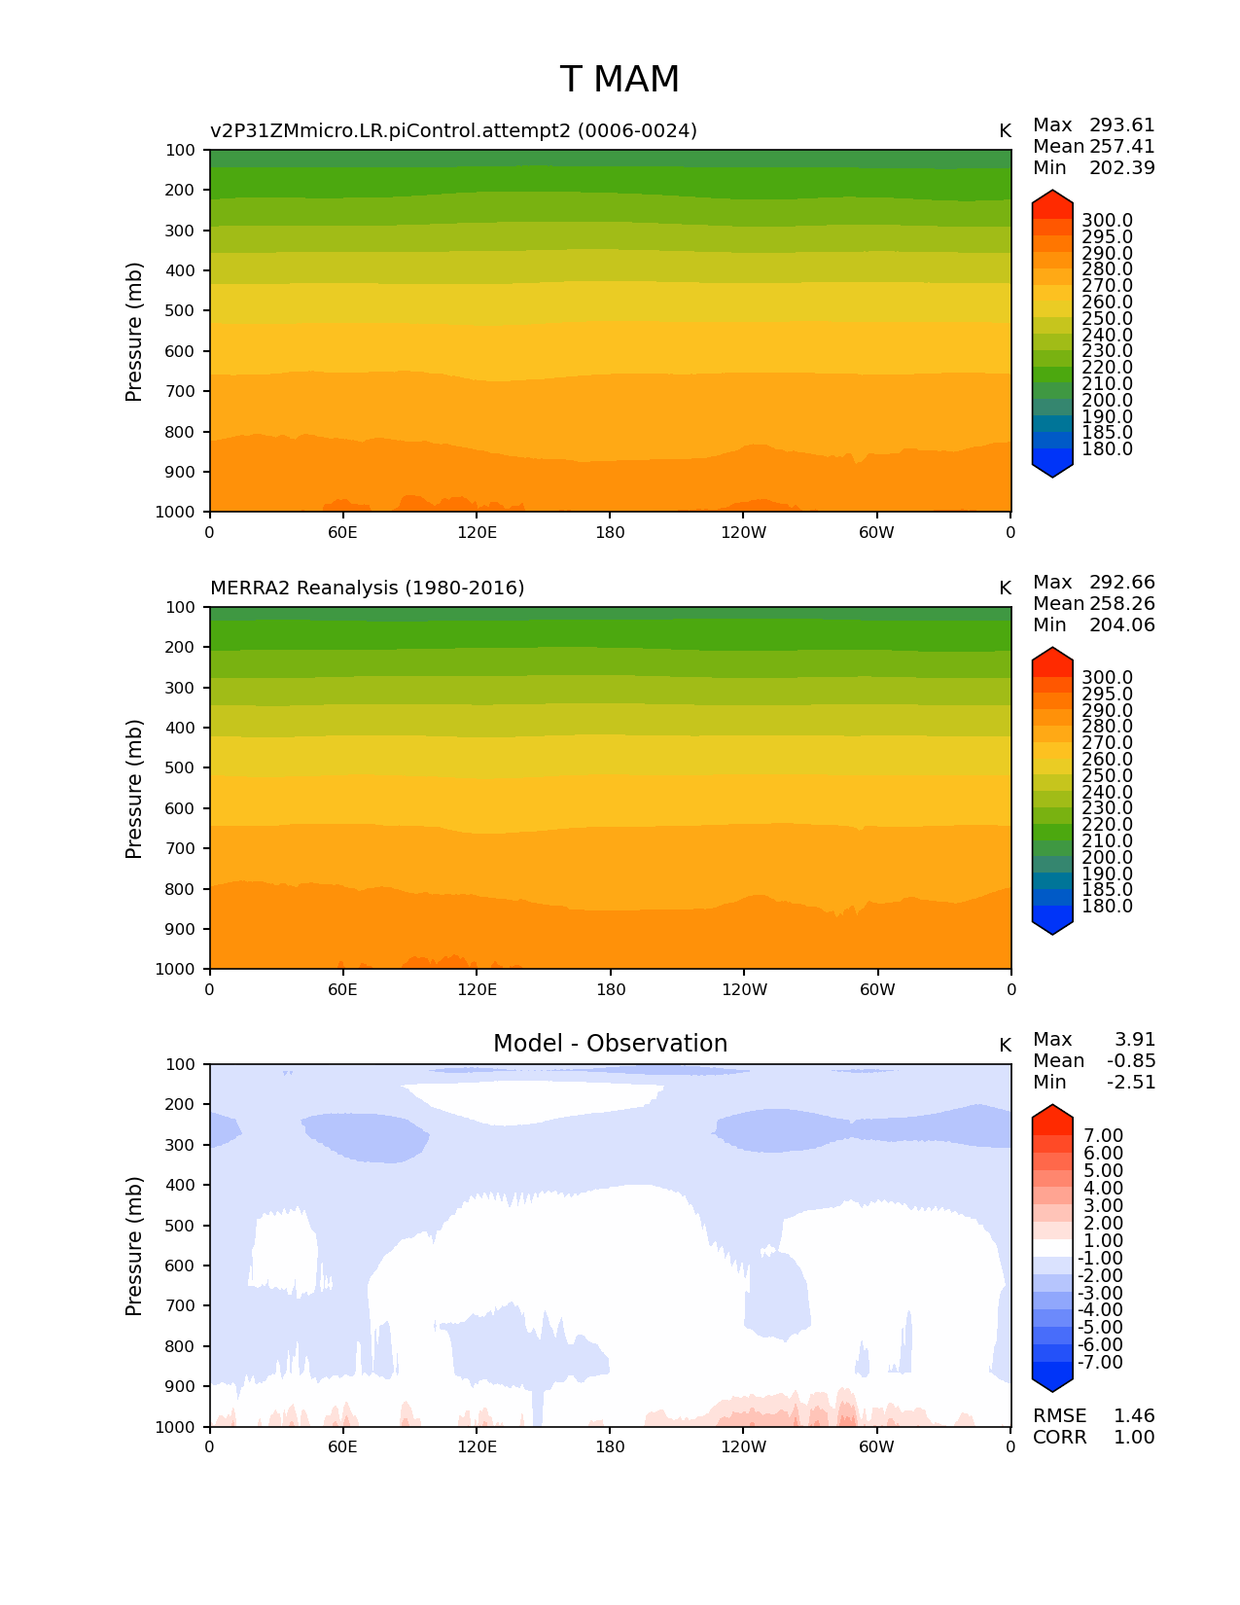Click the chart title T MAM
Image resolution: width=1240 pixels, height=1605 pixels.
[620, 80]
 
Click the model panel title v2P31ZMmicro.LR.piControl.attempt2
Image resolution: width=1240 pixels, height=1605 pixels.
[453, 130]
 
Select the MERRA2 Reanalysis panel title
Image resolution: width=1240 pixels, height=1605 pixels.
[367, 588]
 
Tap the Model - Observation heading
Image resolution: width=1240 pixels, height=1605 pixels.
[610, 1044]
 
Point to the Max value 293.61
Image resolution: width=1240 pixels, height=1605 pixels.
[1121, 125]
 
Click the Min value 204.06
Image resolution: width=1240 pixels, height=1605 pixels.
[1121, 624]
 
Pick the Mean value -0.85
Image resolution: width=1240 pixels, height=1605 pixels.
[1131, 1060]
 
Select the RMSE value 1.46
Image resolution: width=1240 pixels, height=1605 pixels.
[1134, 1415]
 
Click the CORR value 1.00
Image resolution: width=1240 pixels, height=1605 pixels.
[1134, 1437]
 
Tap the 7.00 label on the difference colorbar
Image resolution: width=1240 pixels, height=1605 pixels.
[1103, 1136]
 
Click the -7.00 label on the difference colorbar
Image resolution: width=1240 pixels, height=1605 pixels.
[1100, 1362]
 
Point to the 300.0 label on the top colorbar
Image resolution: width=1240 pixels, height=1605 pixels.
[1107, 221]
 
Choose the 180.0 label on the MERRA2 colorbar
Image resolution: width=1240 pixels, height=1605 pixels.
[1107, 906]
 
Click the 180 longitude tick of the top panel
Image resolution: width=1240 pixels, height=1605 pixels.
[610, 532]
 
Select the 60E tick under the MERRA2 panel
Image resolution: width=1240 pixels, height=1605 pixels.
[342, 989]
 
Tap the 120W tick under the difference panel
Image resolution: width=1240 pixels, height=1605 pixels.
[743, 1446]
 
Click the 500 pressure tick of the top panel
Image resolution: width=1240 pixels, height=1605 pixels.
[180, 310]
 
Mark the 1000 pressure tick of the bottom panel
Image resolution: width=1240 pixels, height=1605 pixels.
[175, 1427]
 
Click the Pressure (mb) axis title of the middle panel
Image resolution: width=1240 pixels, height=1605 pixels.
[134, 788]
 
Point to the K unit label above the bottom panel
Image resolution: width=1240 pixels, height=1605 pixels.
[1005, 1045]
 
